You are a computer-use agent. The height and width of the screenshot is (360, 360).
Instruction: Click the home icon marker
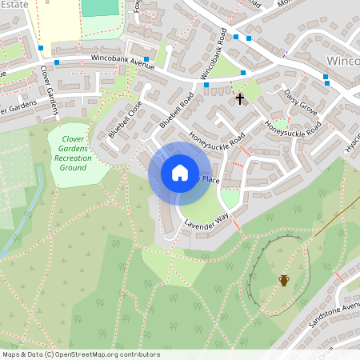coord(180,172)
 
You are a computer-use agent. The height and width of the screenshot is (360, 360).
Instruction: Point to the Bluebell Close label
coord(125,119)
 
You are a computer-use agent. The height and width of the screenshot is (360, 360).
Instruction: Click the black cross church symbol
coord(239,98)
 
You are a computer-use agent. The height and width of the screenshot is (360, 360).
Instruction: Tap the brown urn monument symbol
coord(284,280)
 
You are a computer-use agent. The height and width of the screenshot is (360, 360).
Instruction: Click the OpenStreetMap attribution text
coord(80,354)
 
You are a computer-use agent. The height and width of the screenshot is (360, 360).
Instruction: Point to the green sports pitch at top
coord(98,7)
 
